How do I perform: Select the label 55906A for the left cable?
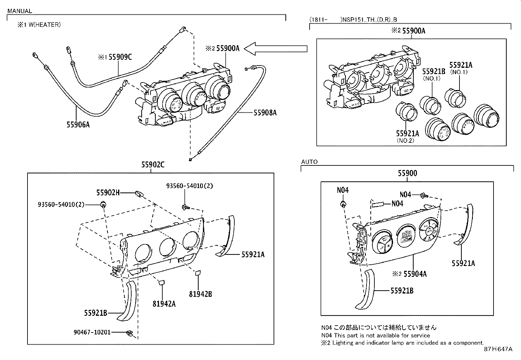point(78,124)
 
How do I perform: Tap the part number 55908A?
point(265,113)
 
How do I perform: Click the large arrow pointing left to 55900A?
point(277,49)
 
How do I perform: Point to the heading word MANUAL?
point(20,11)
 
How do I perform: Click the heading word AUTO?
point(309,162)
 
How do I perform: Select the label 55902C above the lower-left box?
point(153,165)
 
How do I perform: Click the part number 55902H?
point(108,193)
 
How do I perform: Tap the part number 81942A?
point(164,304)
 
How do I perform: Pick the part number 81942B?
point(200,294)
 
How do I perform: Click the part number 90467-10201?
point(92,332)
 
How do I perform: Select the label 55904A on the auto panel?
point(415,274)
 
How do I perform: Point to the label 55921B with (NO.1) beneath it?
point(434,71)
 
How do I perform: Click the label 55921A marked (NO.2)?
point(407,133)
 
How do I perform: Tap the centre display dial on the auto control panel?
point(406,237)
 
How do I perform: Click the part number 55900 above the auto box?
point(407,173)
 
